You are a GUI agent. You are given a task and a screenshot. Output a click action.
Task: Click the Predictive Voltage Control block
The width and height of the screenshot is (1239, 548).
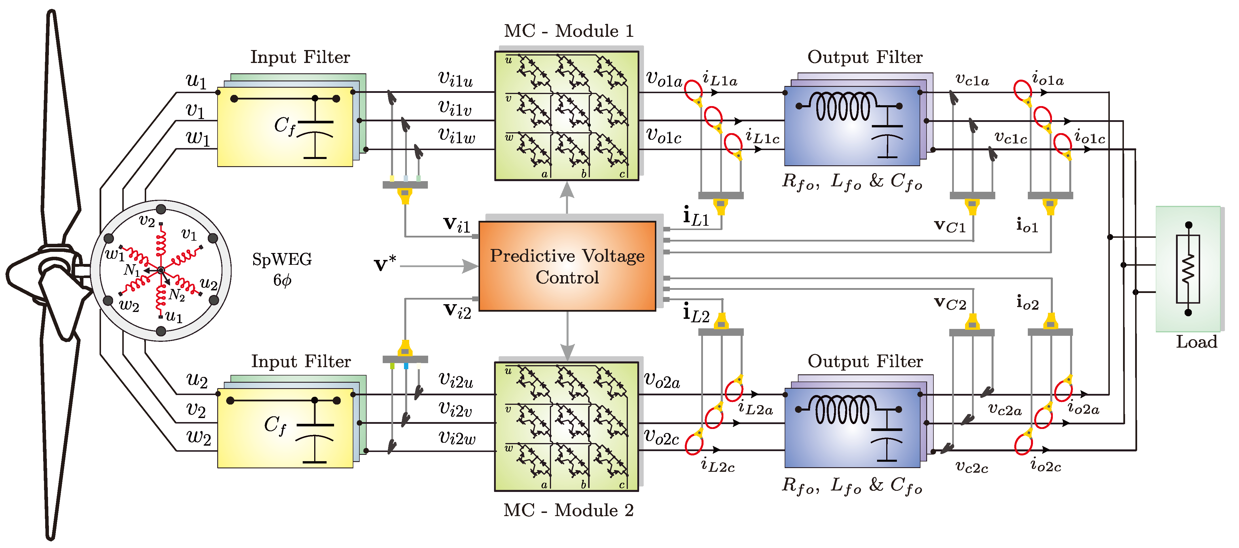pos(567,266)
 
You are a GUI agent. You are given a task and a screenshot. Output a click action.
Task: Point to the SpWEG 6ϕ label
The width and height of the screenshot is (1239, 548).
pos(282,269)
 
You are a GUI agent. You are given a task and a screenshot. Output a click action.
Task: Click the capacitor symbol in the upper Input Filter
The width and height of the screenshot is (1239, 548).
pos(315,135)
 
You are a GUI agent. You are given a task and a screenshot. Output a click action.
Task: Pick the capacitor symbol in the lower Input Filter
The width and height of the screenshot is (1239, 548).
pos(315,437)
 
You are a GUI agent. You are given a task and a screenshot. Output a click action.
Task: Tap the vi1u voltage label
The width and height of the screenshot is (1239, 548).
pos(455,79)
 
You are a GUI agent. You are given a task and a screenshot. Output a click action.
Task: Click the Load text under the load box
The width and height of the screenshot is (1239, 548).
pos(1196,342)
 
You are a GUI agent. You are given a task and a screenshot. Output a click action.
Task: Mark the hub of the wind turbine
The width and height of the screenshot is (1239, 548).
pos(51,269)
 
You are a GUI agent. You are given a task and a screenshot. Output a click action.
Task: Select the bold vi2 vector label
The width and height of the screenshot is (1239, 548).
pos(457,311)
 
